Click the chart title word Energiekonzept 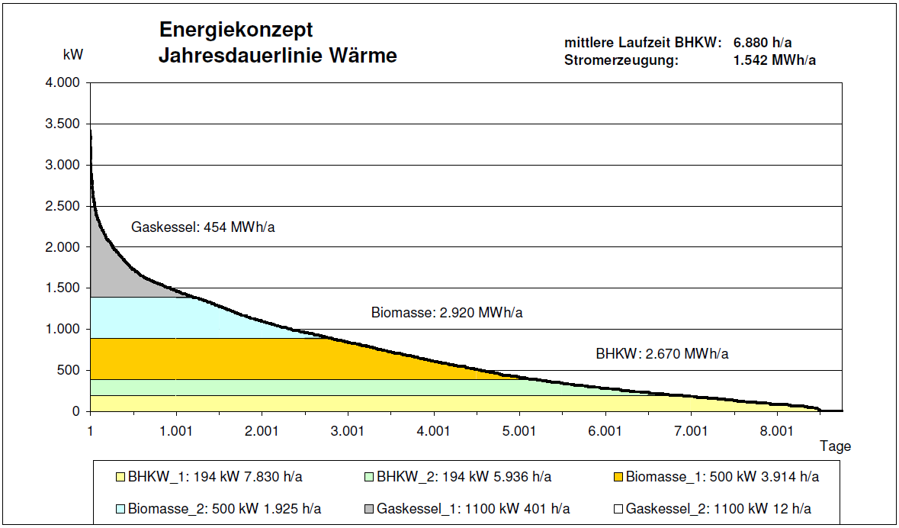pyautogui.click(x=236, y=31)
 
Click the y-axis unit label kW pyautogui.click(x=73, y=56)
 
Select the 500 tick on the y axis pyautogui.click(x=69, y=371)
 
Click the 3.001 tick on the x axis pyautogui.click(x=348, y=431)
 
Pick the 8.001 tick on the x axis pyautogui.click(x=776, y=431)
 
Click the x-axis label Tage pyautogui.click(x=835, y=446)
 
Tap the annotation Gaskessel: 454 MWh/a pyautogui.click(x=203, y=227)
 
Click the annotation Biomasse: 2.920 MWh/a pyautogui.click(x=447, y=313)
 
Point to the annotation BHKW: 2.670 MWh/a pyautogui.click(x=662, y=354)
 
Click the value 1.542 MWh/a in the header pyautogui.click(x=774, y=60)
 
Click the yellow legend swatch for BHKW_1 pyautogui.click(x=120, y=478)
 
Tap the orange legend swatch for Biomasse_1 pyautogui.click(x=618, y=478)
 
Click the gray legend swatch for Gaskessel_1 pyautogui.click(x=369, y=509)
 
